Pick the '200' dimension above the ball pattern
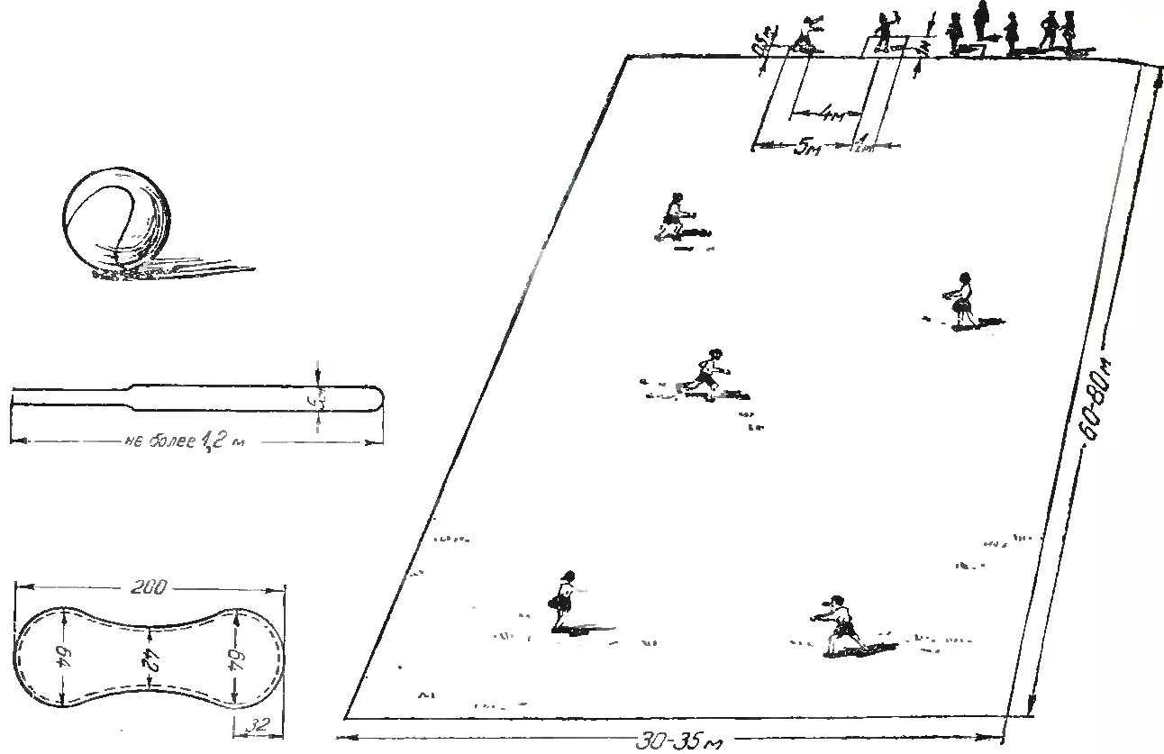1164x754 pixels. (x=148, y=588)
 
